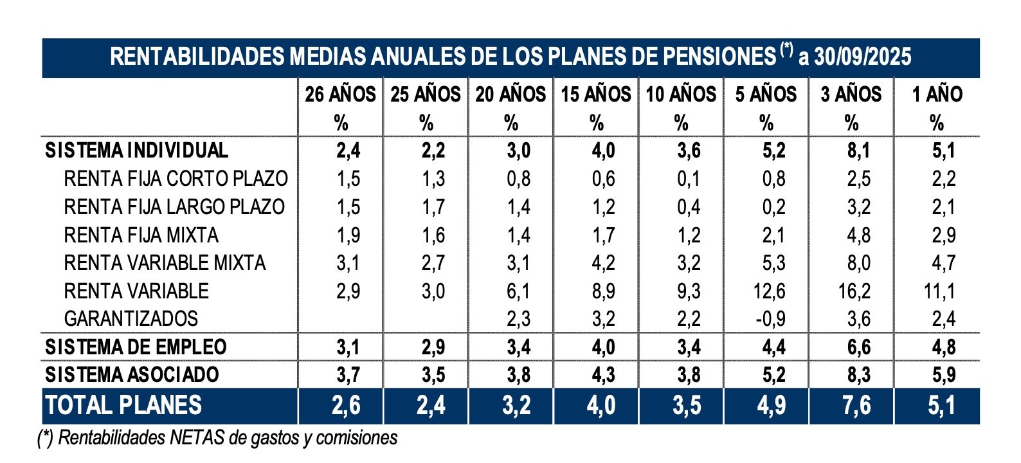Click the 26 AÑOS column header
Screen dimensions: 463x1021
[x=340, y=95]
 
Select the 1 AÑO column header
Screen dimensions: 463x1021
[x=937, y=95]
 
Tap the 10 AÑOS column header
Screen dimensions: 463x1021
[x=681, y=95]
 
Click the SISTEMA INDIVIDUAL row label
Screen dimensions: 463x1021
[x=136, y=150]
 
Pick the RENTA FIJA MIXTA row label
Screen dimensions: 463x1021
[x=141, y=235]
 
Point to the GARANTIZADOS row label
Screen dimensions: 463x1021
[x=131, y=319]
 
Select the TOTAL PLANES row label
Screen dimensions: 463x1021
[x=123, y=406]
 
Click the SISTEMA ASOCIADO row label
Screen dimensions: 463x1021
[x=132, y=375]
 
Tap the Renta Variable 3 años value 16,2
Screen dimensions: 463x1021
[x=854, y=291]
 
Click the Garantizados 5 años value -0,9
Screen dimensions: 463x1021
[x=769, y=319]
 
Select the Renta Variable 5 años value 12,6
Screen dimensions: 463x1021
[x=769, y=291]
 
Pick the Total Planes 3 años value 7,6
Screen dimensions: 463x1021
[x=856, y=406]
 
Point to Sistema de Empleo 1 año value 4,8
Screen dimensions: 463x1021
[x=943, y=347]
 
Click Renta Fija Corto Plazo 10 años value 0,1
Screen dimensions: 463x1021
[x=688, y=179]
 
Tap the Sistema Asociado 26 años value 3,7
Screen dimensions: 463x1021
[x=348, y=375]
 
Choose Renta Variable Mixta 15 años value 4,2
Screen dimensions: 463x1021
[x=603, y=263]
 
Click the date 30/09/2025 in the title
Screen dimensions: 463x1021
[x=862, y=57]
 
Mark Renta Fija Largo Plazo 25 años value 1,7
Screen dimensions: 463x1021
[x=433, y=207]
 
